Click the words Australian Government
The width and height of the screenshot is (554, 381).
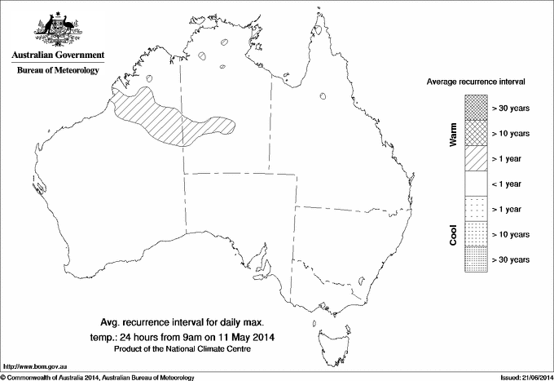pyautogui.click(x=57, y=55)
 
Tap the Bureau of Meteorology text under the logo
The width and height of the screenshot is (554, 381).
pyautogui.click(x=57, y=70)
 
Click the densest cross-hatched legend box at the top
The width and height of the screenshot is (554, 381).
pyautogui.click(x=475, y=107)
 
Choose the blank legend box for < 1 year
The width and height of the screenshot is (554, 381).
pyautogui.click(x=475, y=184)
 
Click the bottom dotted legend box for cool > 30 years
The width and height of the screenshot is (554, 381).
pyautogui.click(x=475, y=259)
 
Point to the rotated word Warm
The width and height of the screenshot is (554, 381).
pyautogui.click(x=453, y=134)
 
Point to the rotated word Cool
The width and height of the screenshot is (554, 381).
pyautogui.click(x=453, y=234)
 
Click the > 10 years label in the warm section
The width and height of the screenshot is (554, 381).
pyautogui.click(x=512, y=133)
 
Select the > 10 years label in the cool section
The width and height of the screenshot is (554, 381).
pyautogui.click(x=512, y=235)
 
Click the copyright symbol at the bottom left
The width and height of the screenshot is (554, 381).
pyautogui.click(x=3, y=376)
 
